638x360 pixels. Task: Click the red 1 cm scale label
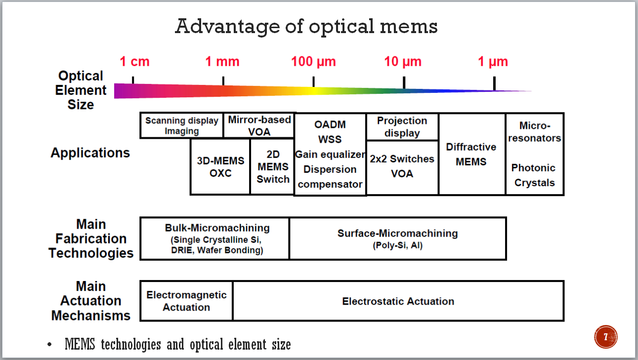coord(134,62)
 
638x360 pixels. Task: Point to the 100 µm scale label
coord(313,62)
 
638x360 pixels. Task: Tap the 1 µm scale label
coord(493,62)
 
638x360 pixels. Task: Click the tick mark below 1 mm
coord(223,80)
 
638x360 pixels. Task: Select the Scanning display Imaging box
coord(182,125)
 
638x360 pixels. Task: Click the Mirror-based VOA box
coord(259,125)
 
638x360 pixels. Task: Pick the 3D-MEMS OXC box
coord(220,167)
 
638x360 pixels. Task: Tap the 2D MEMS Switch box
coord(273,167)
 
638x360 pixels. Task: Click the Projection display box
coord(402,127)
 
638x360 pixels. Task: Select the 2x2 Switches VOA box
coord(402,167)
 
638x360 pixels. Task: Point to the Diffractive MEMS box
coord(471,154)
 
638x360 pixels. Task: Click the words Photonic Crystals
coord(534,175)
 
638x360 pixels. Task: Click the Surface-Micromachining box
coord(397,239)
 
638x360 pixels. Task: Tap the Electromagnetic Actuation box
coord(186,301)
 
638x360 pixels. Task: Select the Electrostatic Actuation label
coord(398,301)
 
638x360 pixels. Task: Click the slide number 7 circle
coord(606,337)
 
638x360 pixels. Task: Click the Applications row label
coord(90,153)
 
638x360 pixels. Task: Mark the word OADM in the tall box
coord(330,124)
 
